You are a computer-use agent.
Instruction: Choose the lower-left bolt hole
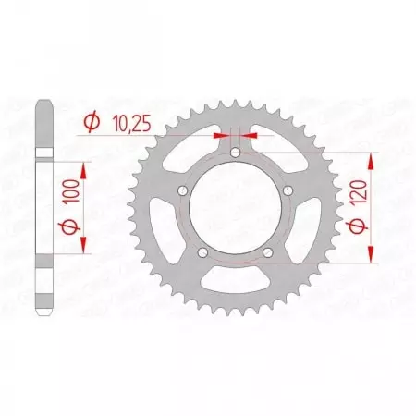(x=203, y=250)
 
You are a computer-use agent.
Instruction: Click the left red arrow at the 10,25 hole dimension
(x=222, y=134)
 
